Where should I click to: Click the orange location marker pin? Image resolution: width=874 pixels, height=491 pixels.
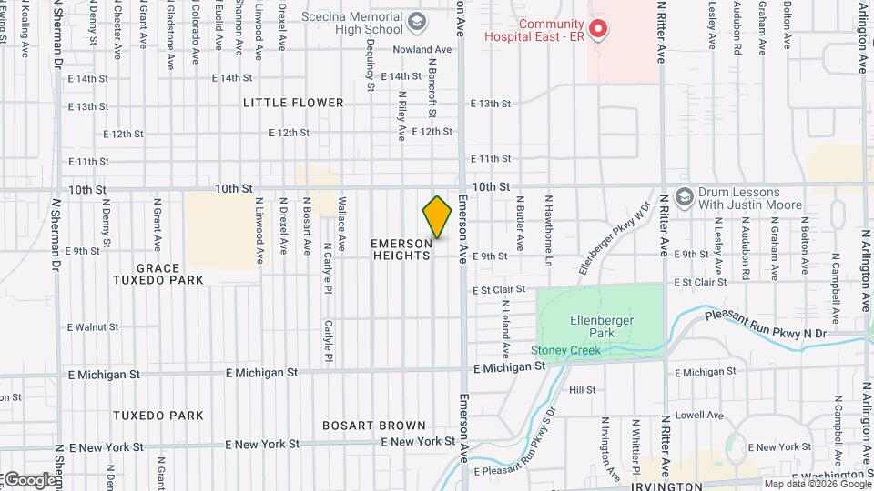(x=437, y=216)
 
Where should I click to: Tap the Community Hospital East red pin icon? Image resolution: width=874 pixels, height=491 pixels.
(x=597, y=29)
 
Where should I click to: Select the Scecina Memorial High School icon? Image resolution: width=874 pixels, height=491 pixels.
(x=417, y=21)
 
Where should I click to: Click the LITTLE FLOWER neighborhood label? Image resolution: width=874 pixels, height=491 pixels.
(x=293, y=103)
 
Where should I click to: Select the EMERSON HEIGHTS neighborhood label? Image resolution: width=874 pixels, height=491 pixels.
(x=401, y=250)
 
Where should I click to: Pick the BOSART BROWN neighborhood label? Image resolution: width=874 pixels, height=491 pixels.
(x=374, y=426)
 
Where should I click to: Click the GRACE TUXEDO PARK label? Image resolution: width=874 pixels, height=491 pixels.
(x=169, y=274)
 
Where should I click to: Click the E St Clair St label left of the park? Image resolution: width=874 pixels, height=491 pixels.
(x=498, y=289)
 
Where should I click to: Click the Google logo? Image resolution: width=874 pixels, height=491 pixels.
(x=29, y=479)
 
